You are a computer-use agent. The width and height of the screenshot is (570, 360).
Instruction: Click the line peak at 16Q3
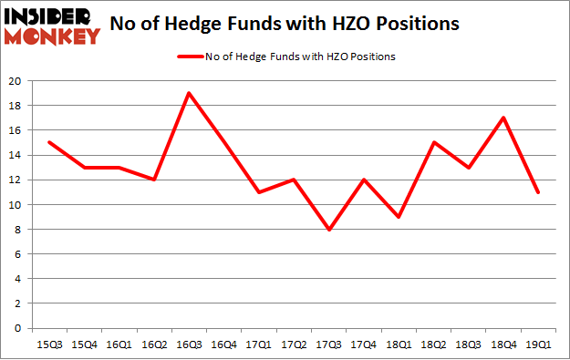click(187, 93)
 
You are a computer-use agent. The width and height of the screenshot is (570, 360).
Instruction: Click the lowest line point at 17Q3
click(329, 230)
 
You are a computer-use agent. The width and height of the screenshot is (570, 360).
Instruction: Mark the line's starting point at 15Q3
click(48, 142)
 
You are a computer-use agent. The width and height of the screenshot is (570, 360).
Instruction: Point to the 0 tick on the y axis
click(19, 328)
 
